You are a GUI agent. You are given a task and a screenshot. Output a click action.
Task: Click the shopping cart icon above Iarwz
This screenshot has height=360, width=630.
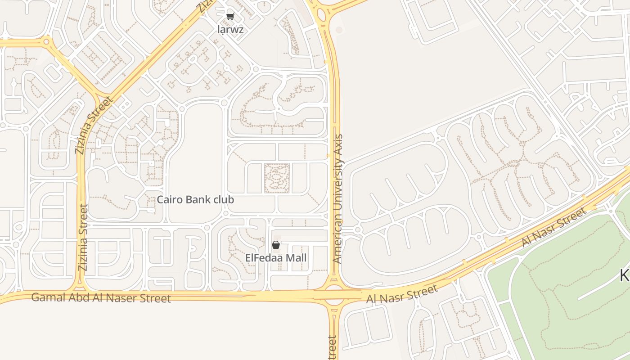point(230,17)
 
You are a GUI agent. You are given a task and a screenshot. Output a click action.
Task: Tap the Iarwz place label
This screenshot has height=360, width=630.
point(230,30)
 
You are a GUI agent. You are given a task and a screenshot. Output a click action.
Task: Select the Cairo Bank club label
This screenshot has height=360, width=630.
point(195,199)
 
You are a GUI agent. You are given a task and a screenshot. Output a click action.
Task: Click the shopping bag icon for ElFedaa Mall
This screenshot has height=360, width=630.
point(276,245)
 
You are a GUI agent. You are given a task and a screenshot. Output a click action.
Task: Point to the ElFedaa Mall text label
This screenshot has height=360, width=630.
point(276,258)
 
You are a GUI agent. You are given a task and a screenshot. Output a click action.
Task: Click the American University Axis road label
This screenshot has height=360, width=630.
point(337,198)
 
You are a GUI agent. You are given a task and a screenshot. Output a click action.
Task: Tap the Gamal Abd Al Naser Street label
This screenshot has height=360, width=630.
point(101,297)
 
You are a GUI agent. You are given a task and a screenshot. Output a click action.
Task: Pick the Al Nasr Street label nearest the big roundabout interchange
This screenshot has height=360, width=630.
point(402,294)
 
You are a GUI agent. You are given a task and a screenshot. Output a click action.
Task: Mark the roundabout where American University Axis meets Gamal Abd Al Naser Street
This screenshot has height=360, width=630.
point(334,295)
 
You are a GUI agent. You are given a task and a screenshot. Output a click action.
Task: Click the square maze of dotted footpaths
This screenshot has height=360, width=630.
point(277,178)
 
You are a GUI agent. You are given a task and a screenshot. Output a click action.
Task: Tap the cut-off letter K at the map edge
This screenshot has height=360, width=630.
point(625,275)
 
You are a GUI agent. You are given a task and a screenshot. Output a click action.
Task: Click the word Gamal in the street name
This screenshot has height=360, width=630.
point(45,297)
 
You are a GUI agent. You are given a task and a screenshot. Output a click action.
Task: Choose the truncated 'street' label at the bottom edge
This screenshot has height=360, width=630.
point(333,348)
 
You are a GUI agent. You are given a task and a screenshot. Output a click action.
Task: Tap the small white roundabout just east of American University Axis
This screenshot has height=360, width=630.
point(358,230)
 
